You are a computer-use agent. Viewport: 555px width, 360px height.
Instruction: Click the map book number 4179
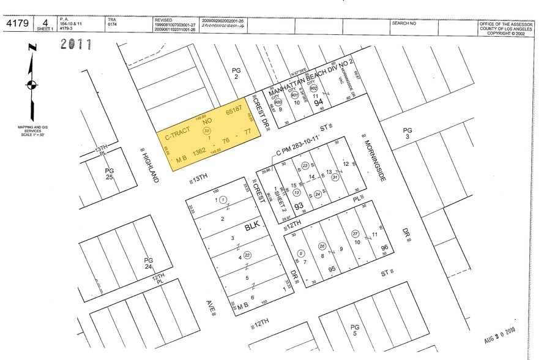coord(19,24)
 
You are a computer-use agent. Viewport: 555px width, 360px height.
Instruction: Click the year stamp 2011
coord(75,45)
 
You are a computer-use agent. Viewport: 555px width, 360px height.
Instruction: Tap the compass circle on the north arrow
coord(31,85)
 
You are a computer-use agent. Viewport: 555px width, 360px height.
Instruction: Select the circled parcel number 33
coord(207,131)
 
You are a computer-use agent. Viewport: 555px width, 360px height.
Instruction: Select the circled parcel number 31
coord(335,178)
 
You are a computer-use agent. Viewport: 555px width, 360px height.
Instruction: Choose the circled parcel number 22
coord(247,255)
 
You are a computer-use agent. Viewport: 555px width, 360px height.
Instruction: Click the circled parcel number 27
coord(354,234)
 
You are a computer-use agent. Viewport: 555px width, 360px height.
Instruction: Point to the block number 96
coord(384,248)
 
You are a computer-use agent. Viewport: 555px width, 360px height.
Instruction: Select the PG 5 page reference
coord(354,330)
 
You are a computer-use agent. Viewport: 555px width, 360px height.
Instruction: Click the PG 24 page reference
coord(148,264)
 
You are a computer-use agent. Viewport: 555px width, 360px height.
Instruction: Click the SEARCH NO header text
coord(404,23)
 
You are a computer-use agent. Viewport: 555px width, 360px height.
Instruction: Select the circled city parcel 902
coord(313,88)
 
